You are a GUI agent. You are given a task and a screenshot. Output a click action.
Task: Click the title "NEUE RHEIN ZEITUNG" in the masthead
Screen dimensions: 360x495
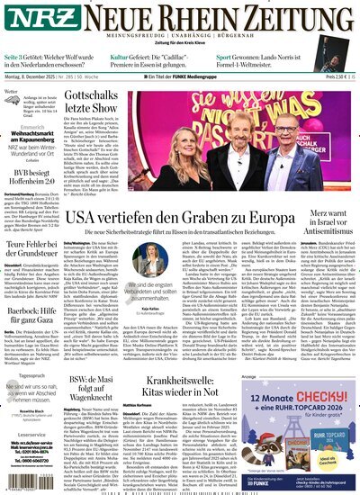pyautogui.click(x=202, y=18)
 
